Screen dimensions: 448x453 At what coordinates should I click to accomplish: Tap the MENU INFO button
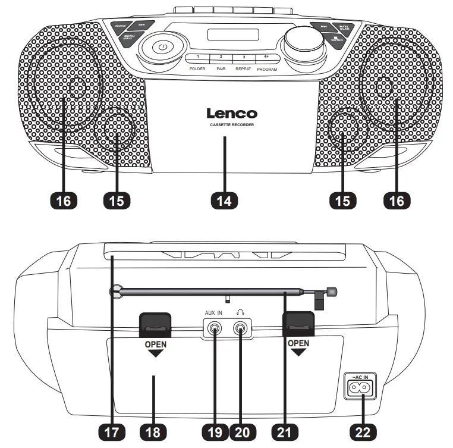pos(128,37)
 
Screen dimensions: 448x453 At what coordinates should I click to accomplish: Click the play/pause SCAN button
pos(344,27)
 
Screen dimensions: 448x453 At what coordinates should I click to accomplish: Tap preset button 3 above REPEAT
pos(243,58)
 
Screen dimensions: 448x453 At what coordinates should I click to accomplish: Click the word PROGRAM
pos(267,69)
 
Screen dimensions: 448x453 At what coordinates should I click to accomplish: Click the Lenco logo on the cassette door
pos(232,113)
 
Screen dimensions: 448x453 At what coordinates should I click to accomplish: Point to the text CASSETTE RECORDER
pos(232,126)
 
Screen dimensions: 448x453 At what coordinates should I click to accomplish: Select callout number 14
pos(224,200)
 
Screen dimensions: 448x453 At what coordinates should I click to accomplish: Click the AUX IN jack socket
pos(215,327)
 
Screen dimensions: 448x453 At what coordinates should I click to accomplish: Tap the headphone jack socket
pos(240,327)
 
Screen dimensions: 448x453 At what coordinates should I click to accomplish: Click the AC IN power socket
pos(363,387)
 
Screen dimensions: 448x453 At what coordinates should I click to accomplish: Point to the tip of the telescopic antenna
pos(331,292)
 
